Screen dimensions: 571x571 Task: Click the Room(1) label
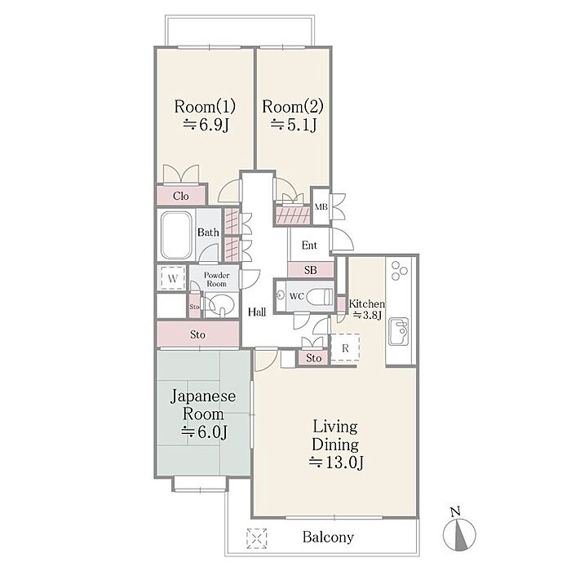pos(205,107)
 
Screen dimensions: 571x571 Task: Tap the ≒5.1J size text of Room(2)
pos(294,126)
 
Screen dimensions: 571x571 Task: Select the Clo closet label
pos(181,196)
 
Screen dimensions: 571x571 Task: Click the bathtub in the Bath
pos(176,235)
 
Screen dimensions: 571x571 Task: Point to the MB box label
pos(321,207)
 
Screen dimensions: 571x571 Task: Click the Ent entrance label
pos(309,245)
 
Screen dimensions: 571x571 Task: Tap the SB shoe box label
pos(310,270)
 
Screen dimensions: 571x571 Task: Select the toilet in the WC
pos(320,296)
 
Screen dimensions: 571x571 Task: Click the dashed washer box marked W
pos(173,278)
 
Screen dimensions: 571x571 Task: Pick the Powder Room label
pos(216,279)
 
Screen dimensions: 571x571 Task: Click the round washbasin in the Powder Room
pos(222,303)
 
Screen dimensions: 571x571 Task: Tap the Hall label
pos(257,312)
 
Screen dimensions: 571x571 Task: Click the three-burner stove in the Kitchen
pos(399,271)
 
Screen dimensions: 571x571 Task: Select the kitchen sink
pos(399,331)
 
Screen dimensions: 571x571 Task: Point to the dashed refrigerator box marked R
pos(345,347)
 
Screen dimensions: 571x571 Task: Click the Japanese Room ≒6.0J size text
pos(205,432)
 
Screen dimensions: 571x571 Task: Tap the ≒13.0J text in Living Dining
pos(336,463)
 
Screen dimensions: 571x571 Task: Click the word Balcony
pos(328,537)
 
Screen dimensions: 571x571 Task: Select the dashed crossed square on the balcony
pos(257,538)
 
